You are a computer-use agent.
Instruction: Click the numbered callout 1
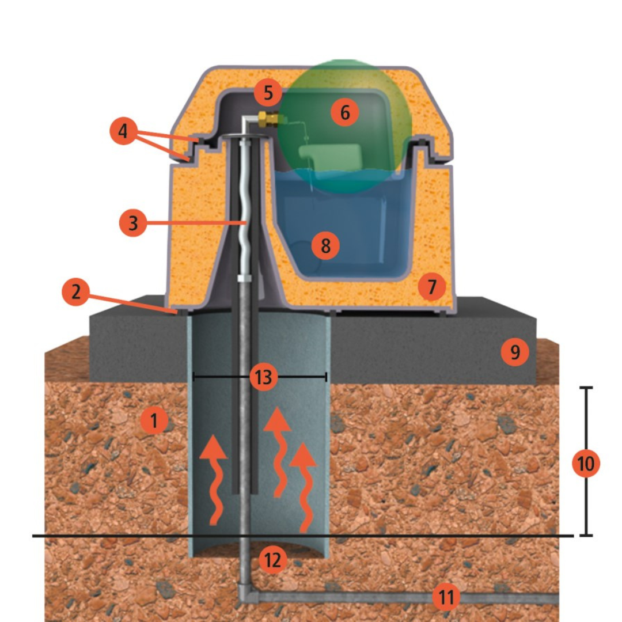(154, 420)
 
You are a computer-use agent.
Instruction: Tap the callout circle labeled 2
(76, 291)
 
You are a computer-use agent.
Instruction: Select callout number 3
(133, 222)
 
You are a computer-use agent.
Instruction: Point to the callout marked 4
(123, 131)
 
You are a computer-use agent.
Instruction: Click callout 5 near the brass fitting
(268, 92)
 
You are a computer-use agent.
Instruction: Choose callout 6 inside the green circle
(345, 113)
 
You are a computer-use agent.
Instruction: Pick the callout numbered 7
(431, 286)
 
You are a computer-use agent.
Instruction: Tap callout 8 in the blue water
(325, 245)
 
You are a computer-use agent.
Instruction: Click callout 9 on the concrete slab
(515, 352)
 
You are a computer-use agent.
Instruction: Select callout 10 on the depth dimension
(586, 463)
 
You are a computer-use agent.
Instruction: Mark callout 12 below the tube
(272, 560)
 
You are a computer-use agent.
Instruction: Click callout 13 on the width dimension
(263, 377)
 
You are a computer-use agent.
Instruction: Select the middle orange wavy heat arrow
(279, 452)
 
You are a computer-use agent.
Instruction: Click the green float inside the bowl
(330, 157)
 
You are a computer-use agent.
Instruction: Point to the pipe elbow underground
(246, 591)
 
